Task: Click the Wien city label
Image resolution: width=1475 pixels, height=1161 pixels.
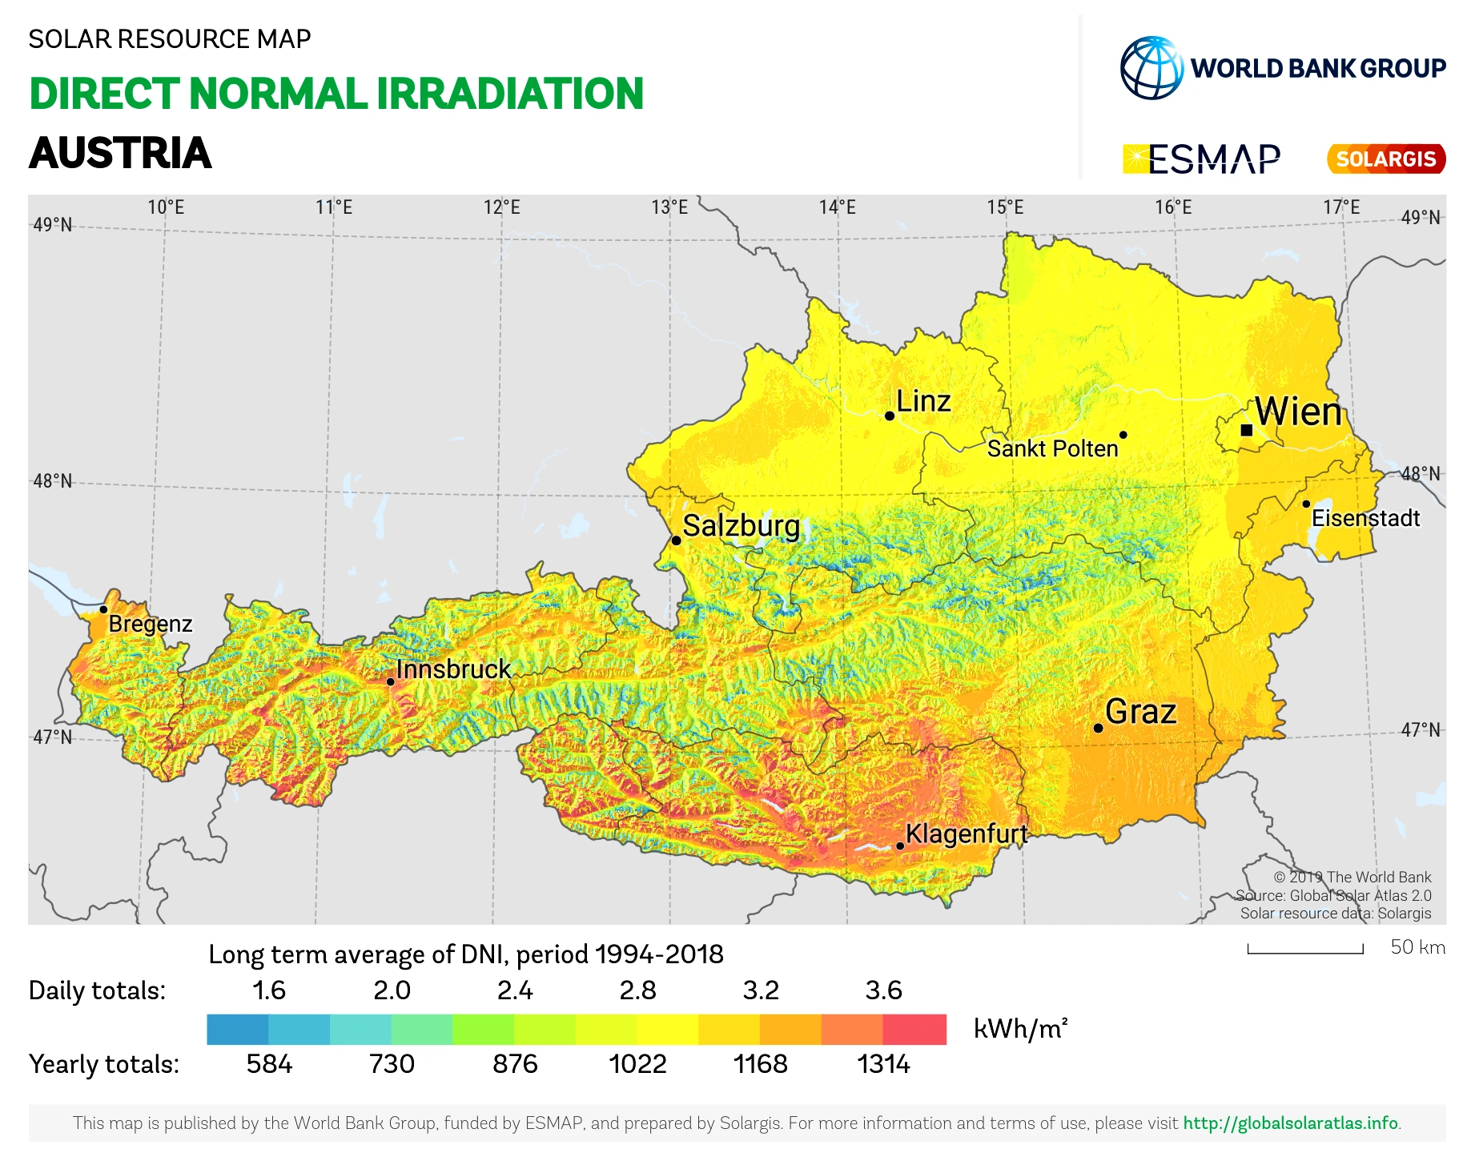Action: [x=1298, y=412]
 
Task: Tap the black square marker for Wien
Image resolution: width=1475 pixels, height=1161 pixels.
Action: [x=1247, y=430]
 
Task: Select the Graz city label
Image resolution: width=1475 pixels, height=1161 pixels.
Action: [x=1140, y=711]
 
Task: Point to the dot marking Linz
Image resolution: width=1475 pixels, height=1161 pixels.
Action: [x=890, y=416]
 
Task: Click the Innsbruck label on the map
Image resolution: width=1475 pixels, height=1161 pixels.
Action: [x=453, y=669]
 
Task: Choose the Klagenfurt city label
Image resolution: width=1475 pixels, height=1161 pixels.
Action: [x=966, y=834]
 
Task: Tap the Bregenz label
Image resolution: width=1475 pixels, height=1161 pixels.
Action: [x=151, y=624]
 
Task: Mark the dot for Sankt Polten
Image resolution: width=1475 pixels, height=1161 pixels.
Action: [x=1123, y=435]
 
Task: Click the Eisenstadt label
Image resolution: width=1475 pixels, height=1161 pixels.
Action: [x=1365, y=518]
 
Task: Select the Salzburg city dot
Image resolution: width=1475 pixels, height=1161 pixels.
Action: [x=677, y=540]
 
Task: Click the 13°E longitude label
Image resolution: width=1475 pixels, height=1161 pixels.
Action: [x=669, y=207]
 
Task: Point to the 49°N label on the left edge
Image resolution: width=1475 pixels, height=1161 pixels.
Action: [x=53, y=225]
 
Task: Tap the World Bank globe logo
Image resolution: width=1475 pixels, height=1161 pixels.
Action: [x=1151, y=68]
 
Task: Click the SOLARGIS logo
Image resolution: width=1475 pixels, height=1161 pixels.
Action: [x=1386, y=159]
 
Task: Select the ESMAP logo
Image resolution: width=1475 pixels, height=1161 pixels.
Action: [x=1202, y=159]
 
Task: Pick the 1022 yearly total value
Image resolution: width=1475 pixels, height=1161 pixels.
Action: [x=637, y=1064]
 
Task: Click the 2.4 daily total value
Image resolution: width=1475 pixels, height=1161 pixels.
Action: [x=515, y=990]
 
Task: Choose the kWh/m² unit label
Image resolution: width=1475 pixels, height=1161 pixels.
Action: [x=1020, y=1028]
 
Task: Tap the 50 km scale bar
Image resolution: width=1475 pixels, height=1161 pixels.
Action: [x=1305, y=950]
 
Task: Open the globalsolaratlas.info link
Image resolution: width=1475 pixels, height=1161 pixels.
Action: [x=1291, y=1123]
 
